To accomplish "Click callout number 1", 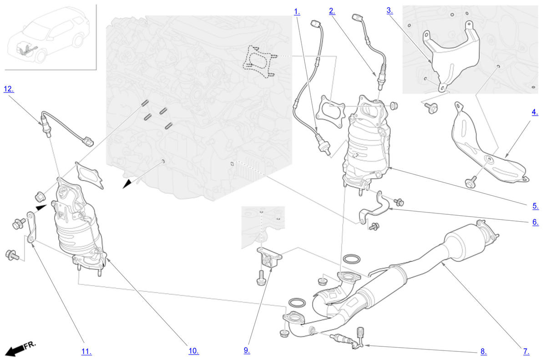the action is tap(297, 12).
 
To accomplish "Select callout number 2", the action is tap(332, 11).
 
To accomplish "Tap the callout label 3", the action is tap(390, 10).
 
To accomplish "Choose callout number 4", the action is tap(535, 112).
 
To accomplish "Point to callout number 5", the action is tap(536, 206).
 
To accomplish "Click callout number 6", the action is tap(536, 222).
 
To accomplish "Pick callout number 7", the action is tap(526, 351).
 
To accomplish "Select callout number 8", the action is tap(484, 351).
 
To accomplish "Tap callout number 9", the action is tap(247, 350).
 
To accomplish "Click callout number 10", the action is tap(194, 351).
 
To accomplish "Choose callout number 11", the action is tap(86, 352).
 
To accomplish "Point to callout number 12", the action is tap(9, 89).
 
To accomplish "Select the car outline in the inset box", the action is tap(49, 36).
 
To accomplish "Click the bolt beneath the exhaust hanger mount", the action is tap(261, 278).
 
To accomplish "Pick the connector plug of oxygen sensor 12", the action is tap(88, 142).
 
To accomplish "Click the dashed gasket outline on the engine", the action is tap(259, 61).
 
